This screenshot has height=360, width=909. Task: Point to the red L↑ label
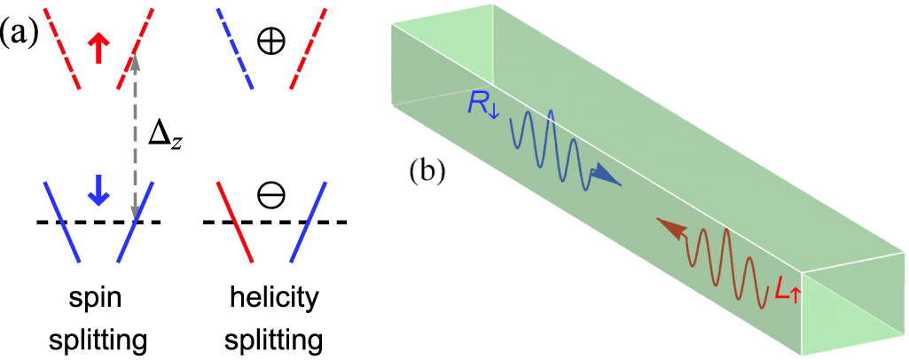point(788,288)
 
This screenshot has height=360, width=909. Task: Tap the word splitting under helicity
point(272,342)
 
